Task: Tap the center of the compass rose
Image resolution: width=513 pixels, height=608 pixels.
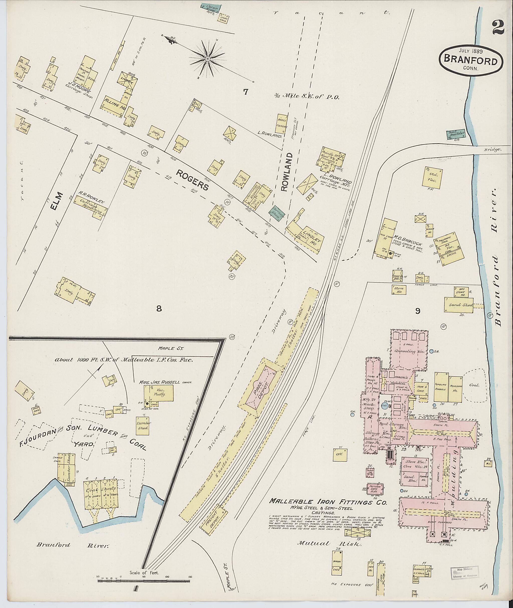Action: click(208, 59)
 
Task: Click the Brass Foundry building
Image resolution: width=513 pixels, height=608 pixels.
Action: click(282, 124)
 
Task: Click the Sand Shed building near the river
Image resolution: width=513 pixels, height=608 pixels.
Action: click(459, 305)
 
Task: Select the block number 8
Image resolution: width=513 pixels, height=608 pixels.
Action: click(159, 309)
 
